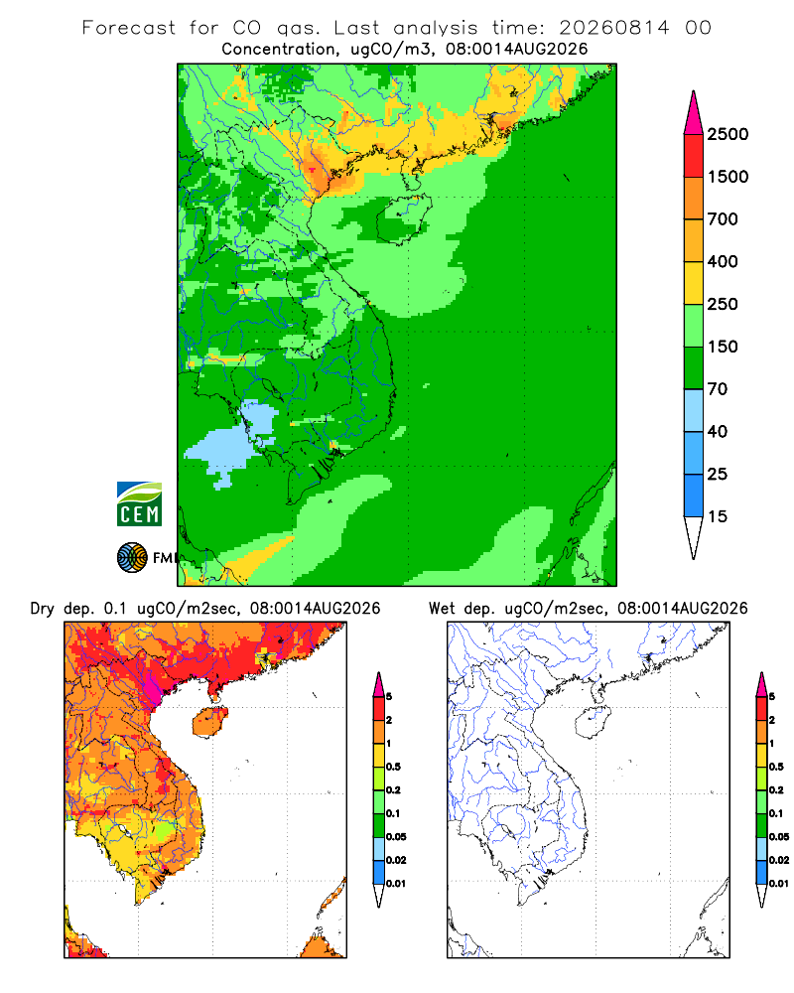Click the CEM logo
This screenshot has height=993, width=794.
coord(139,504)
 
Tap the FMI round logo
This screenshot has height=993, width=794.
coord(132,557)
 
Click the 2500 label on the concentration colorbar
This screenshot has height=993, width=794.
coord(728,134)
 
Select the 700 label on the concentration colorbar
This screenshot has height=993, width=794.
coord(723,219)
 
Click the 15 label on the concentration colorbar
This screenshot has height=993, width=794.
coord(718,516)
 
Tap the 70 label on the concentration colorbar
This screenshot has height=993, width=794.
coord(718,389)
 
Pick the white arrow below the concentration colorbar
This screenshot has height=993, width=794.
coord(694,537)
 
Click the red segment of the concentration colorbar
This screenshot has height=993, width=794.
coord(694,156)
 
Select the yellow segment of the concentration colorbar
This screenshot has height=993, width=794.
coord(694,283)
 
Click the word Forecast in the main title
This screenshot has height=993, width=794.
coord(129,28)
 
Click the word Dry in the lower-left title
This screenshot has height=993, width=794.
coord(43,609)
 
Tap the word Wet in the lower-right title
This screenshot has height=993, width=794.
coord(442,609)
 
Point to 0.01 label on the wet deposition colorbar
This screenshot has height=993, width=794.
coord(779,884)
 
